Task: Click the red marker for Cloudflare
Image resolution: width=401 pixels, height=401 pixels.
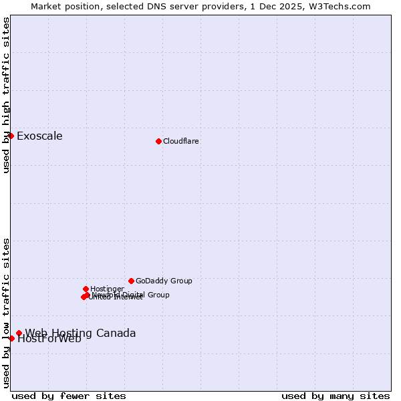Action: point(158,141)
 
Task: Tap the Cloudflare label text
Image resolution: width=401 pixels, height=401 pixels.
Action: point(180,141)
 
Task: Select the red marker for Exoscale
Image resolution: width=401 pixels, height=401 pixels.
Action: point(11,136)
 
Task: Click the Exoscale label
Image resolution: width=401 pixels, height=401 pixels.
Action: point(39,136)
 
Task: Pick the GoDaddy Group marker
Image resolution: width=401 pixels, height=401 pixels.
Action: point(131,281)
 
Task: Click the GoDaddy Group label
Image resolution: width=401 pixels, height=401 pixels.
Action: point(164,281)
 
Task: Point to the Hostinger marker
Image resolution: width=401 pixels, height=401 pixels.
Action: point(86,289)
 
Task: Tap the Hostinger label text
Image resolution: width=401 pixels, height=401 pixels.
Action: point(107,289)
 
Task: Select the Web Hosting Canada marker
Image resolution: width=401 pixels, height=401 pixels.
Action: point(19,333)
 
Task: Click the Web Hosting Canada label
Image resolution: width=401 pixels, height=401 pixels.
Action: point(80,333)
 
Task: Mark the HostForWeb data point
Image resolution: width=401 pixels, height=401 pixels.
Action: point(11,338)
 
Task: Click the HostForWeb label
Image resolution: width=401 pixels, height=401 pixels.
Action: point(49,339)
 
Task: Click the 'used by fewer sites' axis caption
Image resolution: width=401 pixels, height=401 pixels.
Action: point(69,396)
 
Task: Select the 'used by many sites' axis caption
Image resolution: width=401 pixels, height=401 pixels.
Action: point(336,396)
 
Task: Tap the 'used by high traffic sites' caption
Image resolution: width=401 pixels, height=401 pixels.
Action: point(7,95)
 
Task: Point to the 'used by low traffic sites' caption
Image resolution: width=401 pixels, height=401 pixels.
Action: point(7,312)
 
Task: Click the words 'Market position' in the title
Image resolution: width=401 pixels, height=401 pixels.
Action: point(61,6)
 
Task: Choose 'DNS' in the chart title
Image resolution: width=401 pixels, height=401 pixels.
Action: point(145,6)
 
